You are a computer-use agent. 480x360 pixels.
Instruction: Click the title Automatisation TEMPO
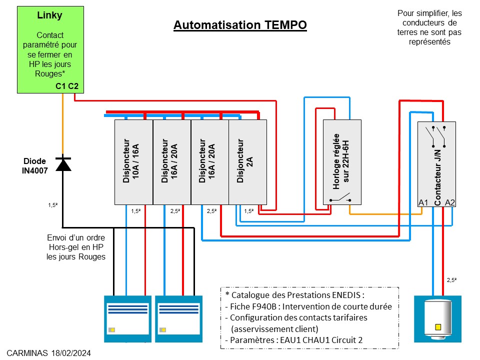click(x=240, y=25)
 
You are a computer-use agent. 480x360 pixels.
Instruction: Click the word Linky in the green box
click(x=50, y=15)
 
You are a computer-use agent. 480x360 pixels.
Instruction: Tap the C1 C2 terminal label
click(x=67, y=86)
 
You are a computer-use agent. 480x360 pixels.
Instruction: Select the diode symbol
click(x=62, y=164)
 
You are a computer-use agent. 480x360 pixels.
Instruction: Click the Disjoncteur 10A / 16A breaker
click(x=133, y=161)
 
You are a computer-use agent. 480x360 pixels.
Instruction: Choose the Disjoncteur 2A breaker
click(x=247, y=161)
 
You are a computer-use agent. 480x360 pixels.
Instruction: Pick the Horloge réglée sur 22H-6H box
click(x=342, y=161)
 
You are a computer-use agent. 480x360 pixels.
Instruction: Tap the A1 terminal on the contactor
click(x=423, y=202)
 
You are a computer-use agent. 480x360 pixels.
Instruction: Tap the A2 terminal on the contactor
click(x=449, y=202)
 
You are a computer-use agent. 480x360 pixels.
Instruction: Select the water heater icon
click(x=437, y=318)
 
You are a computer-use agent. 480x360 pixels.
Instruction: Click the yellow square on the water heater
click(x=438, y=327)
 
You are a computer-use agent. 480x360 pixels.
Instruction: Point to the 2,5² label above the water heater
click(x=452, y=280)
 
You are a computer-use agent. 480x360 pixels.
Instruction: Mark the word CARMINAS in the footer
click(x=28, y=353)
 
